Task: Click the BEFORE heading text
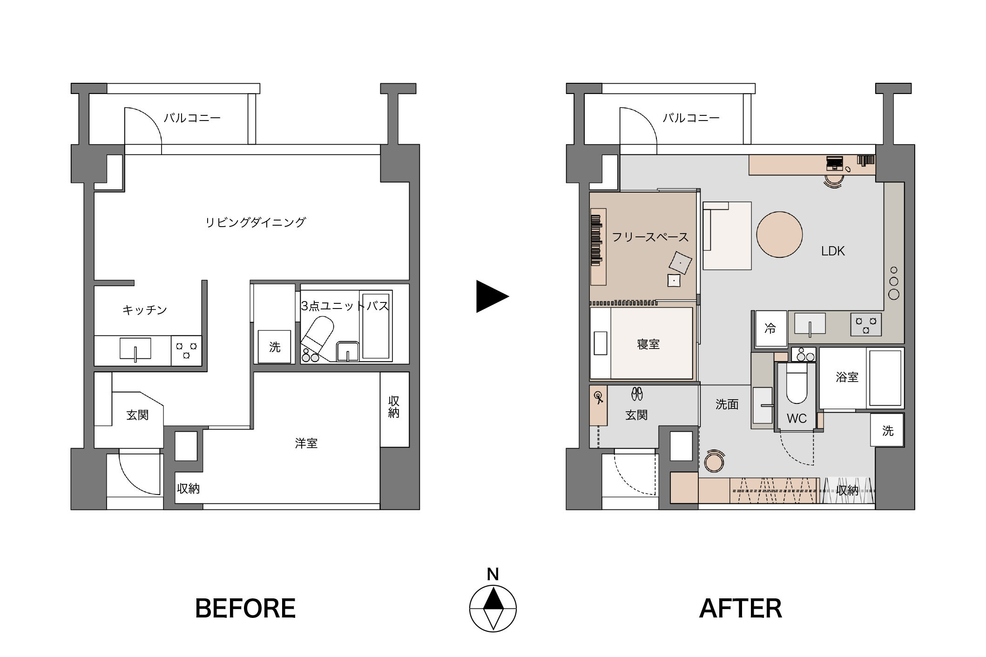click(245, 608)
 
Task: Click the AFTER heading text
click(740, 608)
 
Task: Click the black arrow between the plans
click(493, 296)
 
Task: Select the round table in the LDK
click(779, 235)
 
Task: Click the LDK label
click(833, 251)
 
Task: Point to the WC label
click(797, 419)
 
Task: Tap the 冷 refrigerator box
click(771, 328)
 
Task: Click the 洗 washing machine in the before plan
click(275, 347)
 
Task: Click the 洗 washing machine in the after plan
click(887, 430)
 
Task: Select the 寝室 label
click(648, 344)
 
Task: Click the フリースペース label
click(650, 237)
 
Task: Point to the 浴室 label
click(847, 377)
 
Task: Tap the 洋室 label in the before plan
click(306, 443)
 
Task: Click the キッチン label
click(144, 310)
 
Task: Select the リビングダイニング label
click(256, 222)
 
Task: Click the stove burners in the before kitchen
click(186, 350)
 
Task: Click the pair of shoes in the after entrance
click(636, 394)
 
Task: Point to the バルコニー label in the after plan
click(691, 118)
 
